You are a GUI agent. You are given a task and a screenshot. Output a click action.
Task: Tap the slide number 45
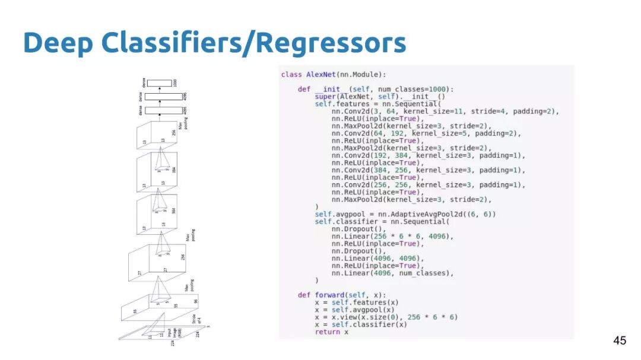[x=619, y=340]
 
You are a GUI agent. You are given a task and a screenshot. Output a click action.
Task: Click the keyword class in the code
[x=291, y=75]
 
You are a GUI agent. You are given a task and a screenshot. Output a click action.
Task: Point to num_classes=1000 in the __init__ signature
[x=417, y=90]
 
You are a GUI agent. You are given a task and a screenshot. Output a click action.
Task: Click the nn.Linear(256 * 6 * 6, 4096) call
[x=392, y=236]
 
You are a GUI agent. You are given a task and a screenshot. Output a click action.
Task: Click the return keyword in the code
[x=327, y=332]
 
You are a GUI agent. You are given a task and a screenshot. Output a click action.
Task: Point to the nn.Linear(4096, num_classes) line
[x=392, y=273]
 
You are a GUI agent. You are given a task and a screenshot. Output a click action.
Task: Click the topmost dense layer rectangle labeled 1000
[x=159, y=83]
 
